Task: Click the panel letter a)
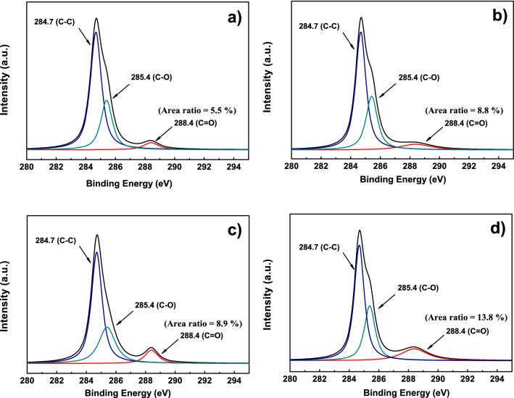(233, 20)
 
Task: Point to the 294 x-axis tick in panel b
(499, 165)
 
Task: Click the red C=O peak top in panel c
(152, 349)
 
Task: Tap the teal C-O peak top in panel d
(370, 306)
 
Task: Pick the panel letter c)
(233, 232)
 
